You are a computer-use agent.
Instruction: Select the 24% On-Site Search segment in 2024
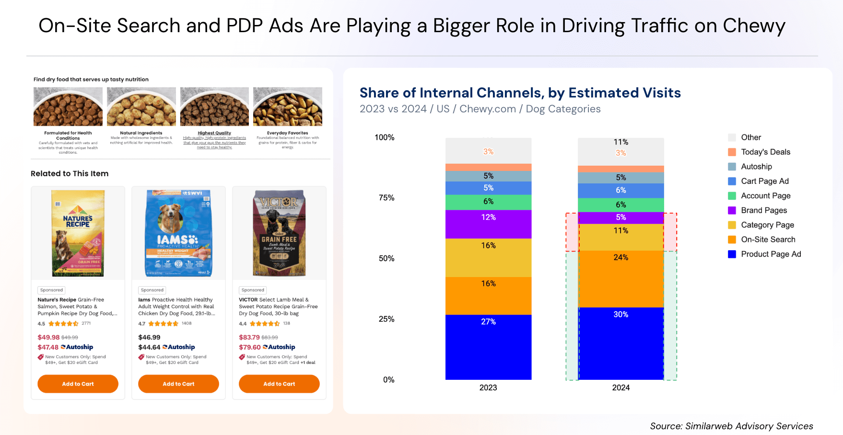coord(621,279)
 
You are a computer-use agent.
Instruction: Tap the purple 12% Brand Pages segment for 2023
coord(488,224)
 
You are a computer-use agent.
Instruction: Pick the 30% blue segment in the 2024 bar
coord(621,343)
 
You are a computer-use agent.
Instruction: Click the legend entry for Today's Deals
coord(765,152)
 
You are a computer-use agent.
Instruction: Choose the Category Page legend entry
coord(767,225)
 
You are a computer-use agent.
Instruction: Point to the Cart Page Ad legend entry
coord(764,181)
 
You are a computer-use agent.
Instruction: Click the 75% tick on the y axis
coord(386,198)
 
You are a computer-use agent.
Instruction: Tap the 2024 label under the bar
coord(621,387)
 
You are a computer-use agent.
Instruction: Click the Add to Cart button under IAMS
coord(178,384)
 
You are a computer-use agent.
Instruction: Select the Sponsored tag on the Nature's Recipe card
coord(52,290)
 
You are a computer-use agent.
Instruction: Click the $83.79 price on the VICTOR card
coord(249,337)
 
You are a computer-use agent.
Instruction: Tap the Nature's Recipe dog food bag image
coord(78,233)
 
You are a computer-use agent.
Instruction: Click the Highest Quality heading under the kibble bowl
coord(214,133)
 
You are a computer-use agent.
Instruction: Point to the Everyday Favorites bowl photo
coord(288,107)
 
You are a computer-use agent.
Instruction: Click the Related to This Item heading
coord(70,174)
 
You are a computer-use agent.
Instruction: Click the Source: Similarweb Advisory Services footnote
coord(731,426)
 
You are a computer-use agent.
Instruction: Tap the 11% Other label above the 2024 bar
coord(621,142)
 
